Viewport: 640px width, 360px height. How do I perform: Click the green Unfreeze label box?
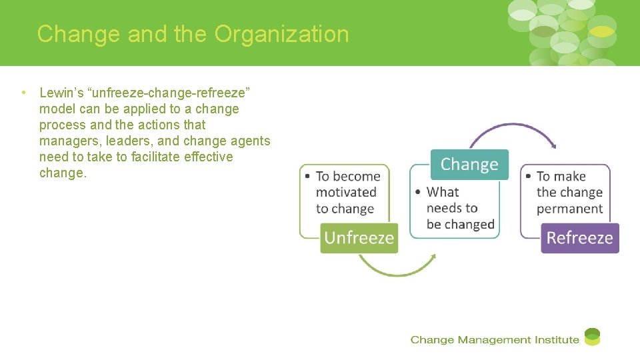(359, 238)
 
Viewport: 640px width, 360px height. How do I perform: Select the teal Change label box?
(469, 165)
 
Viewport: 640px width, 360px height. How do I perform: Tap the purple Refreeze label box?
(579, 238)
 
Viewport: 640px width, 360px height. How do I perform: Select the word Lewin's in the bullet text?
(59, 93)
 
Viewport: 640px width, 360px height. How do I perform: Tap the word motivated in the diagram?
(346, 192)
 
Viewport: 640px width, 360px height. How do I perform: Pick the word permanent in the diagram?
(569, 208)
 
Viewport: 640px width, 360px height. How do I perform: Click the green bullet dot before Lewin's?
(23, 93)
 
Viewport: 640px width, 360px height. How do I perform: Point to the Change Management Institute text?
(495, 340)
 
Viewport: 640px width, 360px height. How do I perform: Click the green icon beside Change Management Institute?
(592, 337)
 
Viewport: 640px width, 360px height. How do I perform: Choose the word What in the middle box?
(443, 192)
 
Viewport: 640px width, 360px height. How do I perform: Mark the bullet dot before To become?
(307, 177)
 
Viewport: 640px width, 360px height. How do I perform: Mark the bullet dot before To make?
(528, 177)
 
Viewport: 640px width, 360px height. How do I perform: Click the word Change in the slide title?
(79, 34)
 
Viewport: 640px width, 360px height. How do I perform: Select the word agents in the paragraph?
(248, 141)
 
